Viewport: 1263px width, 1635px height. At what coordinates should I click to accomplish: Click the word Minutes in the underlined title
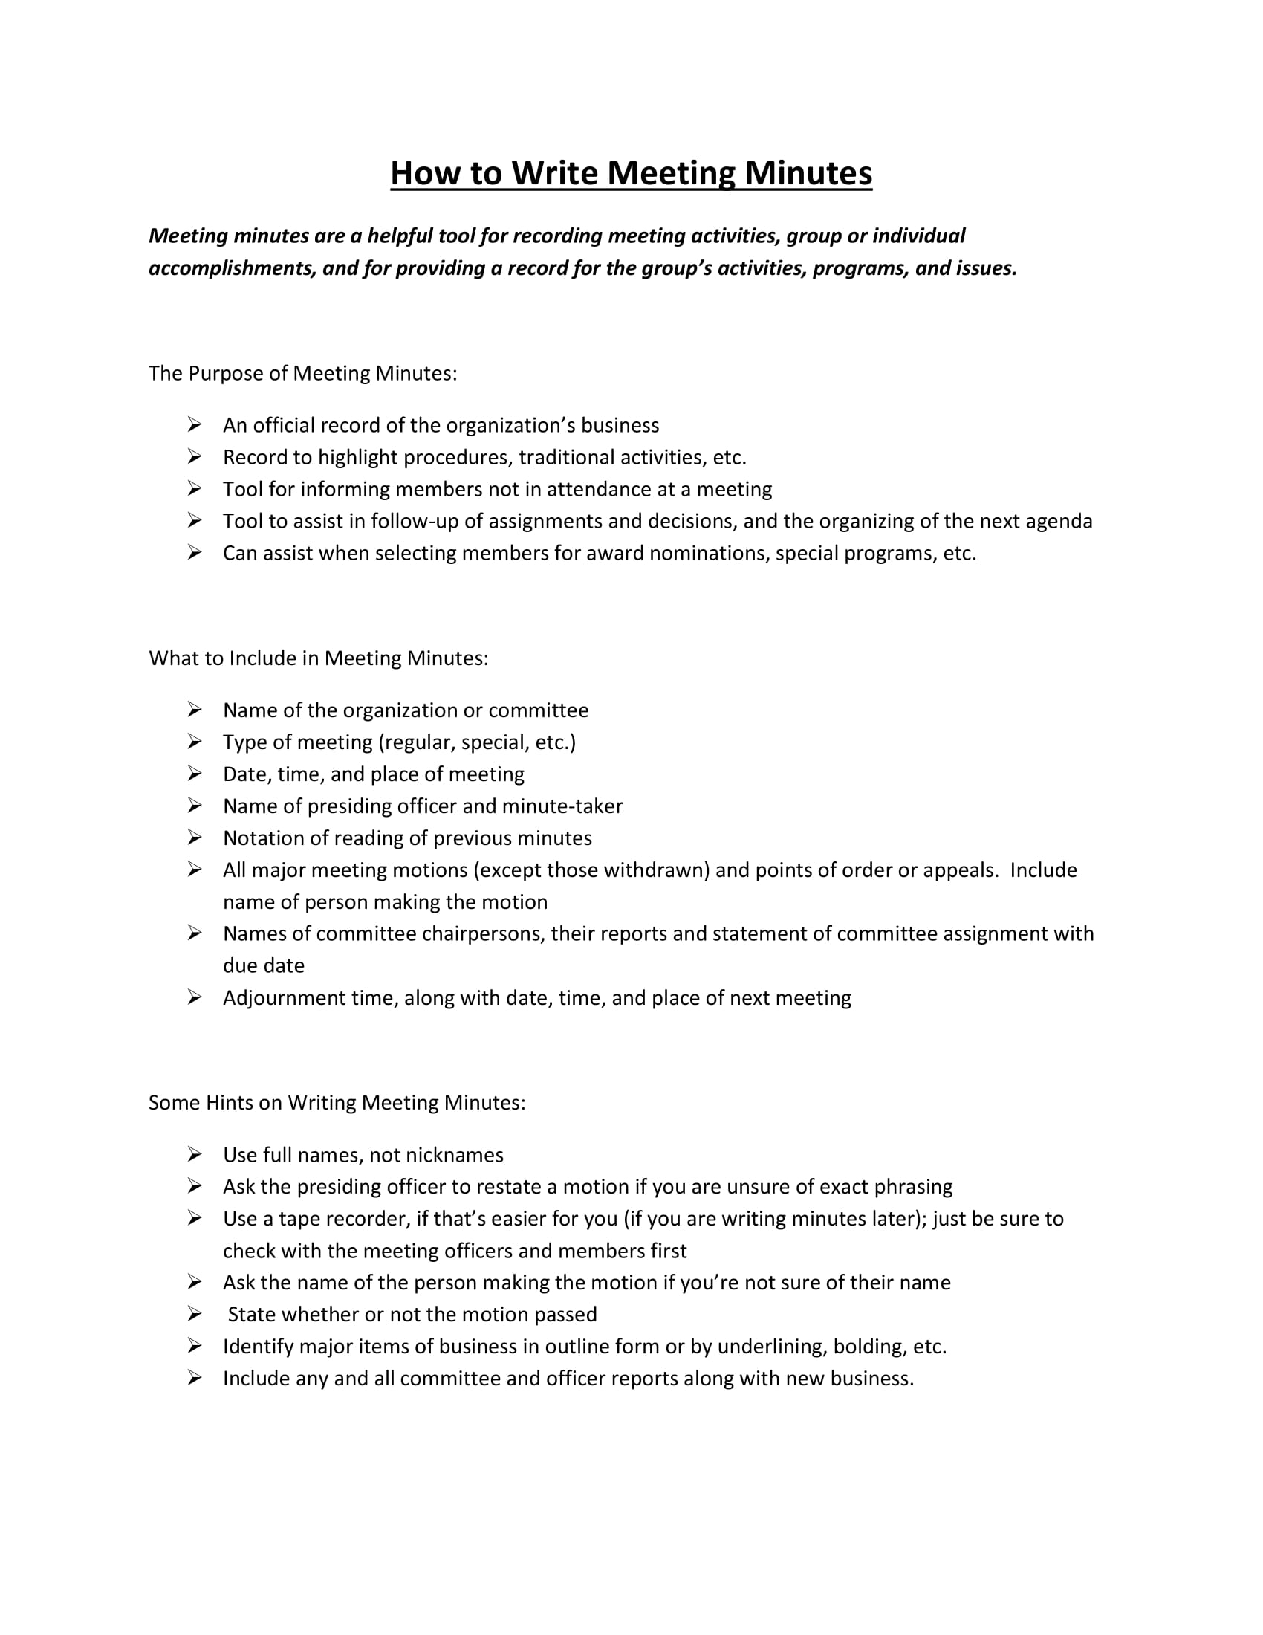pos(808,174)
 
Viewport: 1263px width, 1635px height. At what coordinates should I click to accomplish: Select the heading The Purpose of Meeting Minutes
pos(302,373)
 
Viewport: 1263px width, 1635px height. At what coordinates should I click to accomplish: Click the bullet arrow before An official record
pos(195,425)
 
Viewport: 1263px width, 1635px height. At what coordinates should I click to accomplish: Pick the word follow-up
pos(414,522)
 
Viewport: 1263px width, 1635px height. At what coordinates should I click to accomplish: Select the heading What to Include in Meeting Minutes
pos(318,658)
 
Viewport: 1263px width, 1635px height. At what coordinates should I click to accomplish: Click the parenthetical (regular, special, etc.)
pos(477,742)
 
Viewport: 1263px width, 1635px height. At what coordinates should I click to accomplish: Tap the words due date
pos(264,966)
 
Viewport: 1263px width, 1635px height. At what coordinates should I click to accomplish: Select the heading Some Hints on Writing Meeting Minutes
pos(337,1103)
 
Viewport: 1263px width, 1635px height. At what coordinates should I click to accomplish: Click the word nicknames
pos(454,1155)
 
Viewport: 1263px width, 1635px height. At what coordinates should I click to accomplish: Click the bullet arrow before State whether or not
pos(195,1315)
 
